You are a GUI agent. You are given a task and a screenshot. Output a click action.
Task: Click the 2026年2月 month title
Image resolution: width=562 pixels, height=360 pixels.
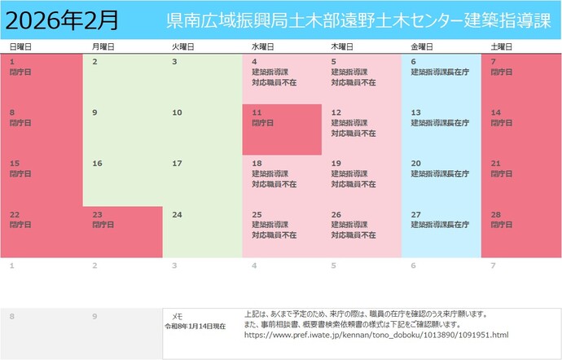click(x=60, y=18)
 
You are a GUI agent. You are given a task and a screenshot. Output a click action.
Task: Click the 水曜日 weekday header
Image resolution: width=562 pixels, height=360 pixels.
click(x=263, y=47)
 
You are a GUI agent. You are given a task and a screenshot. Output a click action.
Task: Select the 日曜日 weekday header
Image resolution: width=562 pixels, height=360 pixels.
click(x=20, y=47)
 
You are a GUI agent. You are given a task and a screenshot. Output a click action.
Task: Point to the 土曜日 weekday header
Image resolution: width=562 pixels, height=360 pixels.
click(x=502, y=47)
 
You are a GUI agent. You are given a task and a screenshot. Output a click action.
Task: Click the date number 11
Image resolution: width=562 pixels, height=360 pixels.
click(x=257, y=112)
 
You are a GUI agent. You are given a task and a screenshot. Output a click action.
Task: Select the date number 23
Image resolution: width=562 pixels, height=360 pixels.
click(x=97, y=214)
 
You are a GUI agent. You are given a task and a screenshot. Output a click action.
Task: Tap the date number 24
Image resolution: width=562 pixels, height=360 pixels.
click(x=177, y=215)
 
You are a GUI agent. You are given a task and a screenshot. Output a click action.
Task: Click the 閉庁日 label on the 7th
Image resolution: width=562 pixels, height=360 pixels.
click(x=502, y=72)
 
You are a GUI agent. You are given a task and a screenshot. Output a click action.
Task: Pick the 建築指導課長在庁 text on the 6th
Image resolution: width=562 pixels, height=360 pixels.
click(x=440, y=72)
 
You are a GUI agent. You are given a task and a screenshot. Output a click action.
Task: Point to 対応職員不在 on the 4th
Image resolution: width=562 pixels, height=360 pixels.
click(x=274, y=82)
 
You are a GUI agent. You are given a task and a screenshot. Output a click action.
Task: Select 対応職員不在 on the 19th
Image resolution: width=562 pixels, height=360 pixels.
click(x=353, y=184)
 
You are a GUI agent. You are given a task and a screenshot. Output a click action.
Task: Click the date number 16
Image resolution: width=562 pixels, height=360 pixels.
click(x=97, y=164)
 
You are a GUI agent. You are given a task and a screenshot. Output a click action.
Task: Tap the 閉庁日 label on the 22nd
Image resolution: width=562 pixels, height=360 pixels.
click(x=20, y=225)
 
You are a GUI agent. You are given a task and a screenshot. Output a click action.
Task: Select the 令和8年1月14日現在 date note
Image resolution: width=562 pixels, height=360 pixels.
click(x=195, y=326)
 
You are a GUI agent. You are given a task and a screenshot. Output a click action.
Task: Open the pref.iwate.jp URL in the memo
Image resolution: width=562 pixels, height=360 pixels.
click(x=375, y=335)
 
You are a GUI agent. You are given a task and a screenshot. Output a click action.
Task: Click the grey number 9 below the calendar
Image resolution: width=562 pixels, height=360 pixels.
click(x=94, y=316)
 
